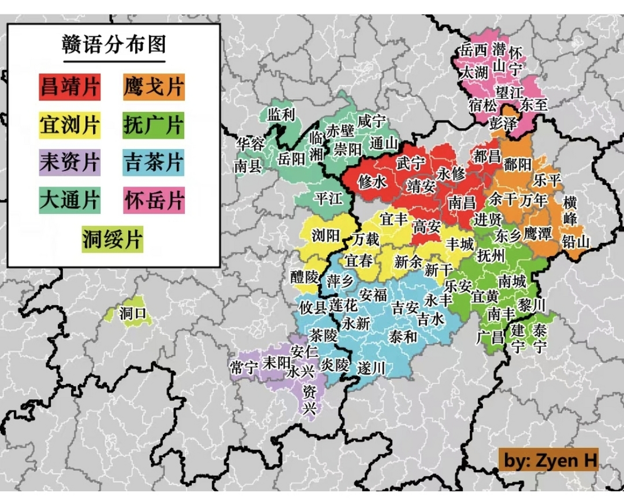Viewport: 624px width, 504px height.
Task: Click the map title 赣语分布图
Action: tap(114, 44)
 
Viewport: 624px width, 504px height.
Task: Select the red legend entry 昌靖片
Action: tap(70, 87)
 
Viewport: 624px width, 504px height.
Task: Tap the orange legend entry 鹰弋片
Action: tap(154, 87)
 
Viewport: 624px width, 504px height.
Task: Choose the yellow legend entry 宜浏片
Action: tap(70, 125)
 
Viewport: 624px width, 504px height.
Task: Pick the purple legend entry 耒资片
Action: tap(70, 162)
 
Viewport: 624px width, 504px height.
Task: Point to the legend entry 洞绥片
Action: tap(112, 239)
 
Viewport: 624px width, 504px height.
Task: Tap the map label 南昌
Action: tap(462, 203)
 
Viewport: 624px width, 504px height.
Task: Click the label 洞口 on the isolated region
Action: tap(133, 314)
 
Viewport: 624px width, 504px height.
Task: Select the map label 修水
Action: tap(372, 182)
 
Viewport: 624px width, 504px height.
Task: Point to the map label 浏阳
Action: tap(325, 235)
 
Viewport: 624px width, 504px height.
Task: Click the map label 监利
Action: tap(281, 115)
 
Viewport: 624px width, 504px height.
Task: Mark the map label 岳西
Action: tap(473, 50)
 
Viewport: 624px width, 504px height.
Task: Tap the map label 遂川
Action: tap(371, 369)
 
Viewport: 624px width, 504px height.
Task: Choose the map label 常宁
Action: tap(244, 368)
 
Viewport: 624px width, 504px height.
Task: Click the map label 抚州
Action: tap(490, 256)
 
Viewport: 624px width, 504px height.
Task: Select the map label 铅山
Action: tap(575, 241)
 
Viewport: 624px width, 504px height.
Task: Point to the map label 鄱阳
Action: tap(517, 164)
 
